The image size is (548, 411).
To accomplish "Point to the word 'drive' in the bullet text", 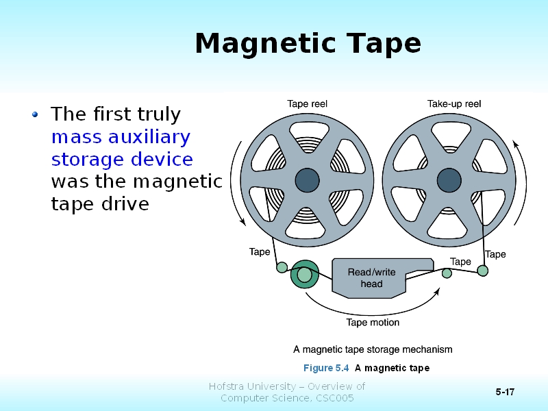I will coord(125,204).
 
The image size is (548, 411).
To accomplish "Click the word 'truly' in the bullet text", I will coord(158,114).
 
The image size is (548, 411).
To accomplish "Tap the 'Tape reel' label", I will coord(307,104).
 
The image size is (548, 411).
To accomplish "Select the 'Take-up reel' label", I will coord(454,104).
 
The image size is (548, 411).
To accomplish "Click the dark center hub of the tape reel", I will coord(307,180).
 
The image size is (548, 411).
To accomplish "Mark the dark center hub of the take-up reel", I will coord(449,180).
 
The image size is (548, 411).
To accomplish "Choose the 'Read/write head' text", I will coord(371,277).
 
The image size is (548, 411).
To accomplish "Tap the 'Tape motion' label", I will coord(373,322).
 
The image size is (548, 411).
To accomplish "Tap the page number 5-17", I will coord(506,392).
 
